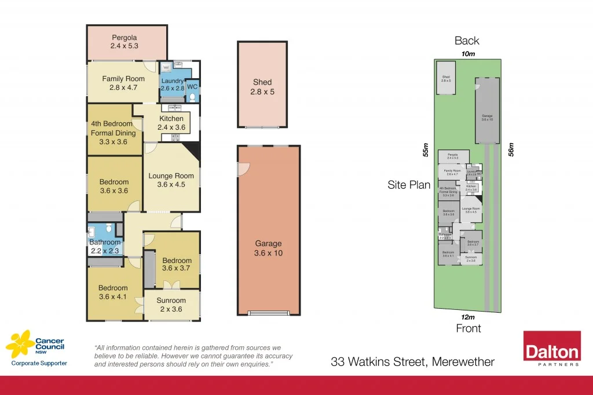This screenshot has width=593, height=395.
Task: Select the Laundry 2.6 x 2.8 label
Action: point(172,85)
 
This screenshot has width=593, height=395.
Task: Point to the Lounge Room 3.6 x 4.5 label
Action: point(171,181)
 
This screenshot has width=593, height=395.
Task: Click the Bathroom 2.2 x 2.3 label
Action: point(105,247)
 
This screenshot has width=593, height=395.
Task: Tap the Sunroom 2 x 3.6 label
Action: point(171,305)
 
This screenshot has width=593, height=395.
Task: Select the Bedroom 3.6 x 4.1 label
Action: point(113,292)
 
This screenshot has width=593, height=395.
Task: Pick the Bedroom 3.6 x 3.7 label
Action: point(177,264)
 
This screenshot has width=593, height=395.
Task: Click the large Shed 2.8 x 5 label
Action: point(262,87)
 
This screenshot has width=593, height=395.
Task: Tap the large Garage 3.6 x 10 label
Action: point(268,248)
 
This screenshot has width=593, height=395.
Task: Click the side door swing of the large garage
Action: point(242,169)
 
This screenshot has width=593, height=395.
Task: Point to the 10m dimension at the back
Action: point(468,54)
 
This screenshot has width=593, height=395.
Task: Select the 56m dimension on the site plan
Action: point(511,149)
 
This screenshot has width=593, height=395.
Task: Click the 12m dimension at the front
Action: point(468,317)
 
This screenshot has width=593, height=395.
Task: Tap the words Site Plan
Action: point(409,185)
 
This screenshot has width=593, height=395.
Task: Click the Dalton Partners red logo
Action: point(551,349)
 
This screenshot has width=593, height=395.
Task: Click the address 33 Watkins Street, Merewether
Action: point(412,363)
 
